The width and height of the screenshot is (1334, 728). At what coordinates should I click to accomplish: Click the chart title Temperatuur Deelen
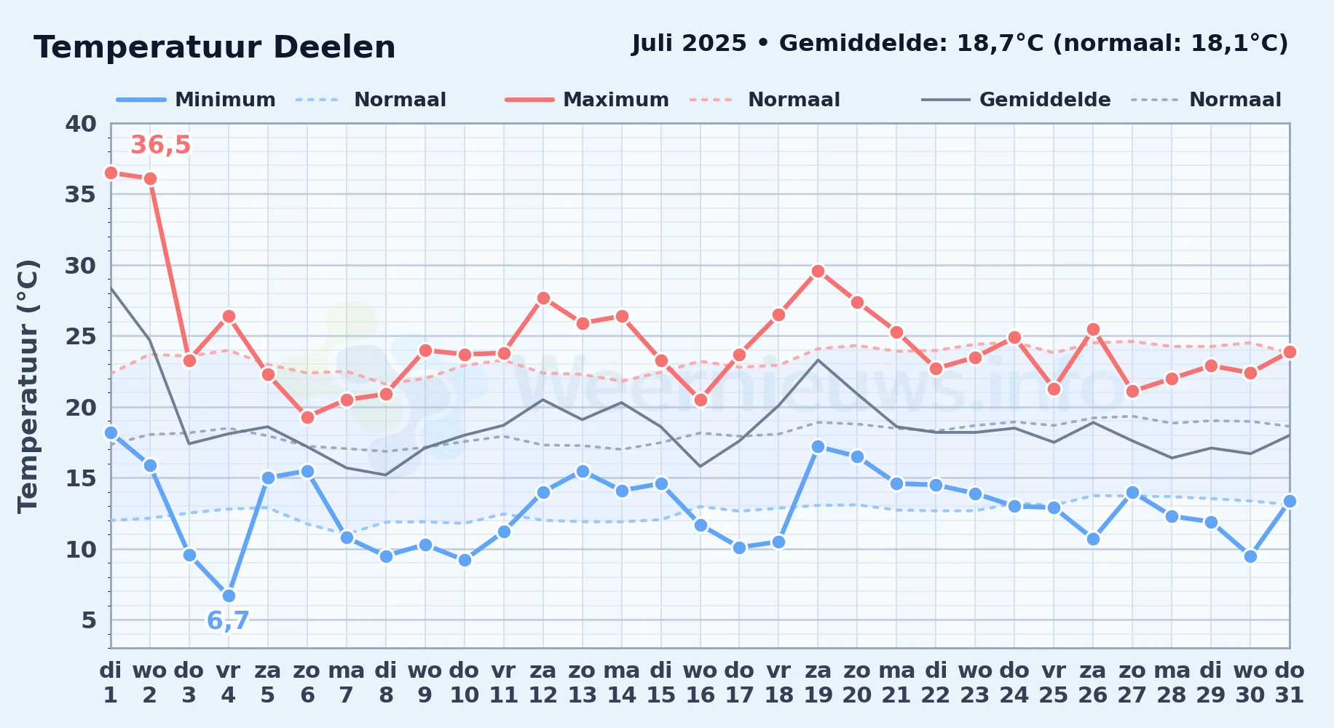pyautogui.click(x=215, y=47)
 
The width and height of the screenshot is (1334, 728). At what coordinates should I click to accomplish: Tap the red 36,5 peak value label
pyautogui.click(x=160, y=145)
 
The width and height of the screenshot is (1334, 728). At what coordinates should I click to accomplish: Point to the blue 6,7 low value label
pyautogui.click(x=228, y=621)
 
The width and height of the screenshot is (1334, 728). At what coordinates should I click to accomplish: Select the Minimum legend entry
pyautogui.click(x=197, y=100)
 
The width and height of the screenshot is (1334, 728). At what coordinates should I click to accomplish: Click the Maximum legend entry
pyautogui.click(x=588, y=100)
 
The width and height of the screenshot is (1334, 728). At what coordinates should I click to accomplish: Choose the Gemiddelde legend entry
pyautogui.click(x=1017, y=100)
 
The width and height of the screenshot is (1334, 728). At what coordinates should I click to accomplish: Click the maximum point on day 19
pyautogui.click(x=818, y=272)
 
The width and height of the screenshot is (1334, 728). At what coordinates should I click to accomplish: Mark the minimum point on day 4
pyautogui.click(x=229, y=596)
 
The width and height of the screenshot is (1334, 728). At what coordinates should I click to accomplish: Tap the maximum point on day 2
pyautogui.click(x=150, y=178)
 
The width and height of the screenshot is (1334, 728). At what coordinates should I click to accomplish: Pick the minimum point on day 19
pyautogui.click(x=818, y=446)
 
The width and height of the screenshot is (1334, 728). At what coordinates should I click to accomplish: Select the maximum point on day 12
pyautogui.click(x=543, y=298)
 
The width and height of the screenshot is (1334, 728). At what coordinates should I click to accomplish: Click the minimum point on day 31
pyautogui.click(x=1290, y=501)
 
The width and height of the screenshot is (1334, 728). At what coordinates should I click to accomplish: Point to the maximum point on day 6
pyautogui.click(x=307, y=417)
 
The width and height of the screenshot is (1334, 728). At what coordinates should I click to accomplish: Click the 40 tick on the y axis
pyautogui.click(x=81, y=124)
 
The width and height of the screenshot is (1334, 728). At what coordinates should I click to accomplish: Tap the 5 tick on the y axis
pyautogui.click(x=89, y=620)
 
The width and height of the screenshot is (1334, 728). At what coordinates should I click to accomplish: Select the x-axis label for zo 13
pyautogui.click(x=583, y=683)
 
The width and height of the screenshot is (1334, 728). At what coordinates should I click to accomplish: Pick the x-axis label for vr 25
pyautogui.click(x=1054, y=683)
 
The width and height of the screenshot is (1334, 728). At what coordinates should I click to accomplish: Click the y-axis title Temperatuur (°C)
pyautogui.click(x=28, y=386)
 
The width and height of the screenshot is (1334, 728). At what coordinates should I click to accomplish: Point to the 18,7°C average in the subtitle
pyautogui.click(x=1000, y=44)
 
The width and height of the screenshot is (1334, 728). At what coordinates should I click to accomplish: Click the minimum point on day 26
pyautogui.click(x=1093, y=539)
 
